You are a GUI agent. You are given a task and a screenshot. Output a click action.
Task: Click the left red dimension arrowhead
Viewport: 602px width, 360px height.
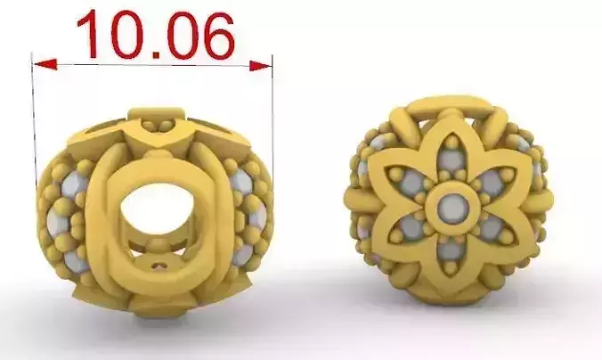tap(45, 64)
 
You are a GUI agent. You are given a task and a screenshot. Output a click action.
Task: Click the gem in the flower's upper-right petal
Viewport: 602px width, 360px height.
tap(491, 184)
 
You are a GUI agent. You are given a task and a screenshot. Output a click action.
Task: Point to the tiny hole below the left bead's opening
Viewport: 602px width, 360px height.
tap(159, 264)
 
